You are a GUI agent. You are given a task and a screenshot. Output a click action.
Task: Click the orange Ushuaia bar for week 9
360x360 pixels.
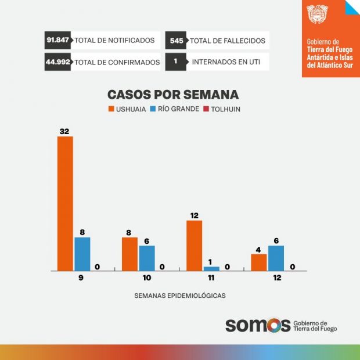(65, 203)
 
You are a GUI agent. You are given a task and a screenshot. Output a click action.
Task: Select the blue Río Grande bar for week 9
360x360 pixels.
(82, 254)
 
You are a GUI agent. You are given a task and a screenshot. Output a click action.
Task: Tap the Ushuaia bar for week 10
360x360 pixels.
(129, 254)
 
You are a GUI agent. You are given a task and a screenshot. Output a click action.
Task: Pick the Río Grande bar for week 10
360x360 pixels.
(147, 258)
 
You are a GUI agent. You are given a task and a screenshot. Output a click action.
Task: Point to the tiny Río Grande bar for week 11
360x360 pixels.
(211, 268)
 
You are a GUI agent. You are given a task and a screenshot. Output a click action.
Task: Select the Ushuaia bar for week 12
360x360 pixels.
(259, 262)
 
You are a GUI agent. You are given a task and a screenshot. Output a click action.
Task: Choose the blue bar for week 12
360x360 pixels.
(276, 258)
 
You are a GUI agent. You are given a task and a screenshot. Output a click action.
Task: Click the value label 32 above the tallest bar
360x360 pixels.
(65, 132)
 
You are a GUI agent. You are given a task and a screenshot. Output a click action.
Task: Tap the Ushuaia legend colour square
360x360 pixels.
(111, 109)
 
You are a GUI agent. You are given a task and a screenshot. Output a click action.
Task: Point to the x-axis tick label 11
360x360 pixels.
(211, 278)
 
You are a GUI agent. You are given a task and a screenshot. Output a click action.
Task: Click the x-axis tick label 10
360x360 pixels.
(147, 278)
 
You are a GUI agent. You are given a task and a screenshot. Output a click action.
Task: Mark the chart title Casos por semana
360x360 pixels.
(173, 95)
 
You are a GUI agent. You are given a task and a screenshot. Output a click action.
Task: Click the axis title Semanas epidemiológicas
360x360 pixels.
(179, 295)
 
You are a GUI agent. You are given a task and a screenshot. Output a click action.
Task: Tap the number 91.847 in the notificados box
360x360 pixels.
(58, 41)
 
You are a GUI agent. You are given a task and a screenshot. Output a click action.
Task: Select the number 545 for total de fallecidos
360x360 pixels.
(177, 41)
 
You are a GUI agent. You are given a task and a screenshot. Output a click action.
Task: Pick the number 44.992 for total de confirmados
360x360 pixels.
(58, 62)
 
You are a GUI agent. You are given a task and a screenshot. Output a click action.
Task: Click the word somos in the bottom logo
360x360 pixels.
(257, 325)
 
